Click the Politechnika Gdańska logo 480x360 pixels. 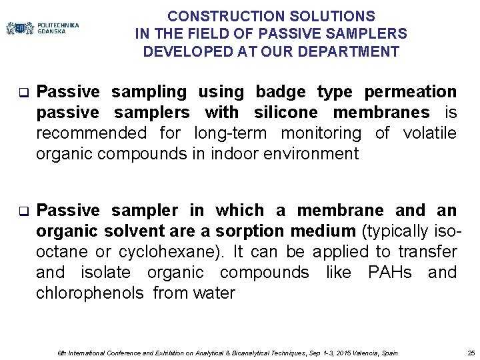coord(42,28)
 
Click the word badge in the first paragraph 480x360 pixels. coord(286,91)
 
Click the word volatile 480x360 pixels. coord(430,133)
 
